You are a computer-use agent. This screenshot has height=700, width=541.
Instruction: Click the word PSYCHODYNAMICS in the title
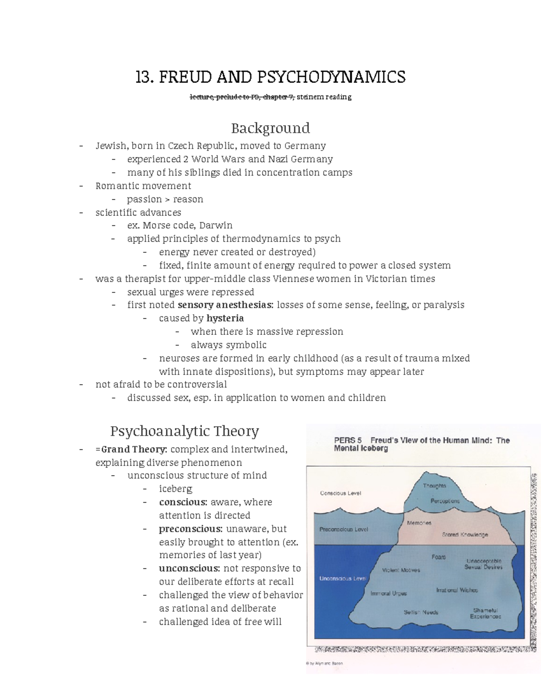point(331,77)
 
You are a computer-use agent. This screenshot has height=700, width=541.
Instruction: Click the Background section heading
point(270,128)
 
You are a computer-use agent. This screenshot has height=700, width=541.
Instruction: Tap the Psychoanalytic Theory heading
point(184,431)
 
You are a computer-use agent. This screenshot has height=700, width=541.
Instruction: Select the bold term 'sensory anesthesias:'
point(225,305)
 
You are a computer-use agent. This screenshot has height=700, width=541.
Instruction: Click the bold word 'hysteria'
point(225,318)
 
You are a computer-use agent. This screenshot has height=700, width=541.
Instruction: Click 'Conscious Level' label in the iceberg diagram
point(340,493)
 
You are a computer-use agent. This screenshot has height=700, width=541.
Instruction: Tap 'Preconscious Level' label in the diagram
point(344,529)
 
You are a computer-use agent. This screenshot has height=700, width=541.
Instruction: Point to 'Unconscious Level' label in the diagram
point(342,578)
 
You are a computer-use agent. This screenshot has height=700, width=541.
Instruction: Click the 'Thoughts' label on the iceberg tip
point(434,486)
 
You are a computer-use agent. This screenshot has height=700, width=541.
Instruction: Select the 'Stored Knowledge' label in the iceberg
point(465,535)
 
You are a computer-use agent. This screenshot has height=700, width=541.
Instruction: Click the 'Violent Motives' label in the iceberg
point(401,570)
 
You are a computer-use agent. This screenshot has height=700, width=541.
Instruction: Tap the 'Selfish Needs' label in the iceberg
point(421,612)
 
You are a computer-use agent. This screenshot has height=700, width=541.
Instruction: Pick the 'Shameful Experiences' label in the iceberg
point(485,613)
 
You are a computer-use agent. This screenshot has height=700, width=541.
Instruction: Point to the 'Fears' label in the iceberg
point(438,557)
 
